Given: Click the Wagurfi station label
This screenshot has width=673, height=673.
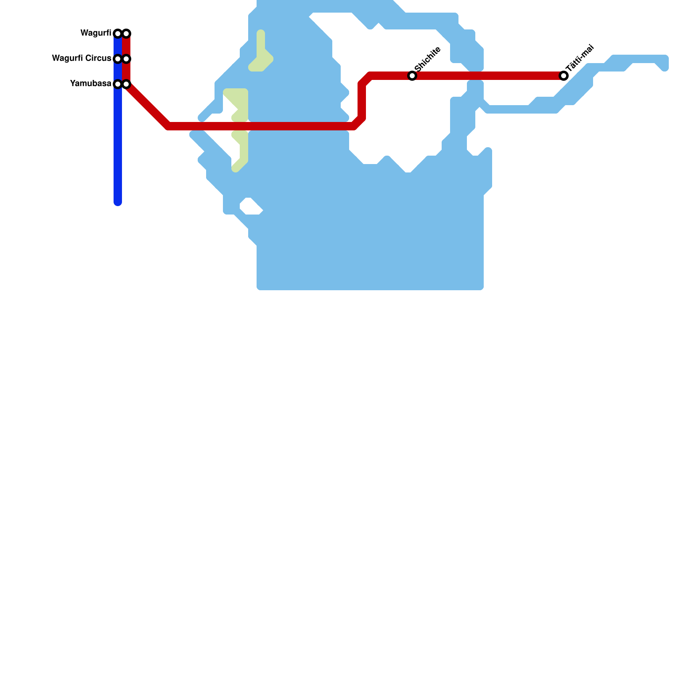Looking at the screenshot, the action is pos(95,33).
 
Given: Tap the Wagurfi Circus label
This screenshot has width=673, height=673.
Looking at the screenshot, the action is pos(81,58).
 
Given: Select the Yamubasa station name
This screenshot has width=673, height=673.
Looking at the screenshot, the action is pos(90,84).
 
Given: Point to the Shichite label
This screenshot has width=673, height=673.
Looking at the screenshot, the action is pos(427,59).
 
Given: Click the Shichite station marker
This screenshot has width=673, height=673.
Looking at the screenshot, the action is pos(412,76).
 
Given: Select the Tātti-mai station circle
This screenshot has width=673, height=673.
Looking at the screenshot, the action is pos(564,76).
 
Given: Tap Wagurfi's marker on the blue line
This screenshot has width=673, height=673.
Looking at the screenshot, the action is pos(118,34).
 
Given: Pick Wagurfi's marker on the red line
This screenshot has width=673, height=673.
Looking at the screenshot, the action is pos(126,34).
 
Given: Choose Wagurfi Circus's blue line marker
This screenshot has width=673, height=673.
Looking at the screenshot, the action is pos(118,59).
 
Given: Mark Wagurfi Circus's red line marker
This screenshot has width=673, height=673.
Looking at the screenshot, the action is pos(126,59).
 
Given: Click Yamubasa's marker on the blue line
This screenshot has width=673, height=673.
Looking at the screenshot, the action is pos(118,84).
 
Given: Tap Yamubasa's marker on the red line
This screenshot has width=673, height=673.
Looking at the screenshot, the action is pos(126,84).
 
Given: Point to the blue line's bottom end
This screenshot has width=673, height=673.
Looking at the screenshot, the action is pos(118,203).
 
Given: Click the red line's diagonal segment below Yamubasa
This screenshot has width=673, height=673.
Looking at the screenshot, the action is pos(147,105).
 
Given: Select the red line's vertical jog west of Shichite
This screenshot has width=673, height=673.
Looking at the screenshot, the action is pos(362,101).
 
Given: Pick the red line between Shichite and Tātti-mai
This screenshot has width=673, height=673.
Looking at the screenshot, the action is pos(488,76).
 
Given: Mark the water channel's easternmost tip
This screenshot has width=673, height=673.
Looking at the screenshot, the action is pos(665,63).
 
